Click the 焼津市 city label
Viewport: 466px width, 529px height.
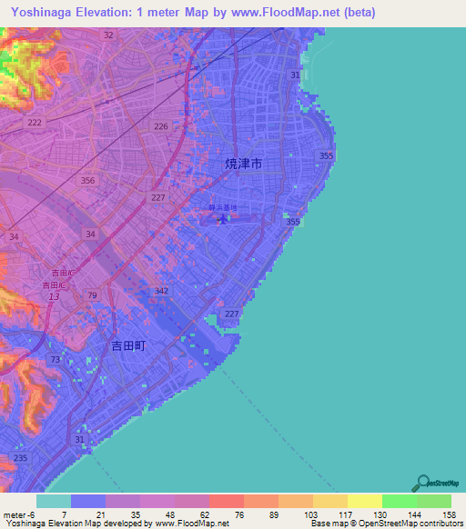coord(244,165)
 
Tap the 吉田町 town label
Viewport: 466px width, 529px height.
coord(128,345)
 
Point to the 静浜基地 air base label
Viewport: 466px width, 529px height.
coord(222,208)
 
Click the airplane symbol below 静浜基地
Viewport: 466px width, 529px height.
coord(222,219)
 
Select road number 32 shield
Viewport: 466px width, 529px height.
coord(108,35)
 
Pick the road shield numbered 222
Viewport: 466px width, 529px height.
coord(35,123)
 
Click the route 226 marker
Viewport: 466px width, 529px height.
coord(161,126)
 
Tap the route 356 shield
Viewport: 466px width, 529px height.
coord(88,181)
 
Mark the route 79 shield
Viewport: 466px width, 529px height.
coord(93,295)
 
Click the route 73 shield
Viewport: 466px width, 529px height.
coord(56,360)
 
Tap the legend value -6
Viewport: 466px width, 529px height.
coord(25,514)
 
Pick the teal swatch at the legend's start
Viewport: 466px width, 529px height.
coord(53,501)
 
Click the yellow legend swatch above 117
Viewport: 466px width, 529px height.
coord(329,501)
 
